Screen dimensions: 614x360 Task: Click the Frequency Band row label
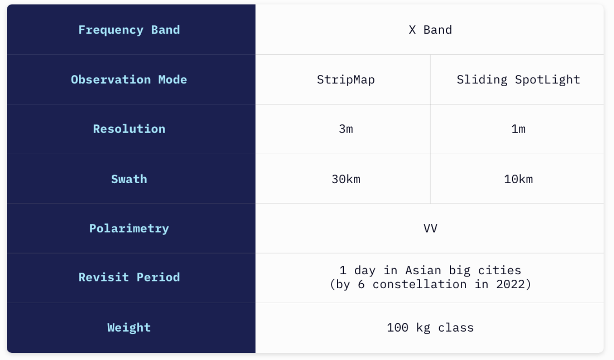(129, 30)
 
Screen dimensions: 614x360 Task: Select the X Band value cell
(430, 30)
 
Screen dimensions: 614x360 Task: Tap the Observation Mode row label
(129, 79)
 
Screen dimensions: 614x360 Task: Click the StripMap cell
(346, 80)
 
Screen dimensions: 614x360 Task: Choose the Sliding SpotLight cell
(518, 80)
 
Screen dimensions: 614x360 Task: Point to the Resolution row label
(129, 129)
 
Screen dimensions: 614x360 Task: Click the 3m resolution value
(346, 129)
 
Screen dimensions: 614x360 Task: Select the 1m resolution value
(518, 129)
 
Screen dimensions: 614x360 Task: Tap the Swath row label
(129, 179)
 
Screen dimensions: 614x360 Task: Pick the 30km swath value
(346, 179)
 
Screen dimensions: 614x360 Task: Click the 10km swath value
(518, 179)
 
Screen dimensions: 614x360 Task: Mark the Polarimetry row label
(129, 229)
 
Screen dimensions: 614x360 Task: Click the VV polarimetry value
(431, 228)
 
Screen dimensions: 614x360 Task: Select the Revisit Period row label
(129, 277)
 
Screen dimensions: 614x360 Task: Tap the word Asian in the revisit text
(423, 270)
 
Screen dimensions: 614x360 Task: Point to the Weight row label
(129, 328)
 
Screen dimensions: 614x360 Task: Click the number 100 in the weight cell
(398, 328)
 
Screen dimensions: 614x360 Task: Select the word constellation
(419, 284)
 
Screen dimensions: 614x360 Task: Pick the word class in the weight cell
(456, 328)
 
